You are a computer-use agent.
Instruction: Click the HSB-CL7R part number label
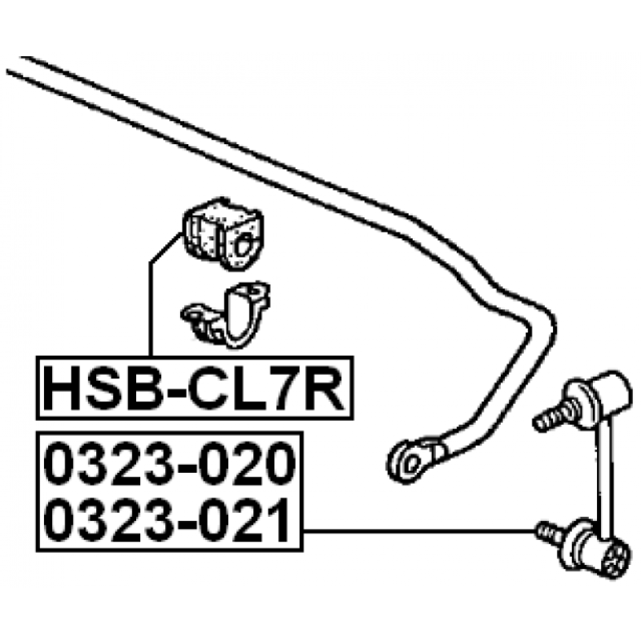195,388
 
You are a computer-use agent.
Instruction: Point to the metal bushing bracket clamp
226,314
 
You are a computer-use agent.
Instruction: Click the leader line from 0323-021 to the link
419,531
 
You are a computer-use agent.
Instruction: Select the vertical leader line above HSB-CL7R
151,309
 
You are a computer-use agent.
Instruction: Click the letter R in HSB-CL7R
325,388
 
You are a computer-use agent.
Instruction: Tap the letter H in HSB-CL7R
62,388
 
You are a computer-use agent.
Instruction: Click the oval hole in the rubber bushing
243,244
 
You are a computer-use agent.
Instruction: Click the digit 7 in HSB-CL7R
288,388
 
